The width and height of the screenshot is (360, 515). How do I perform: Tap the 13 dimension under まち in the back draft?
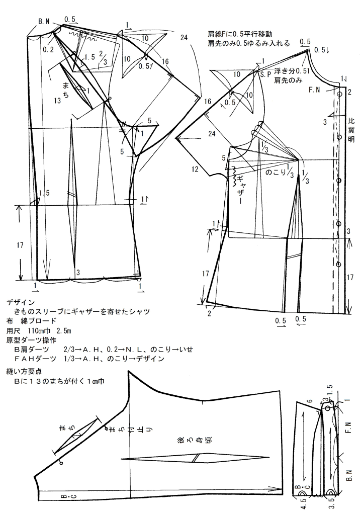pyautogui.click(x=58, y=101)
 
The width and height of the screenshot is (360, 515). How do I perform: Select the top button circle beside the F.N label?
pyautogui.click(x=340, y=94)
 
